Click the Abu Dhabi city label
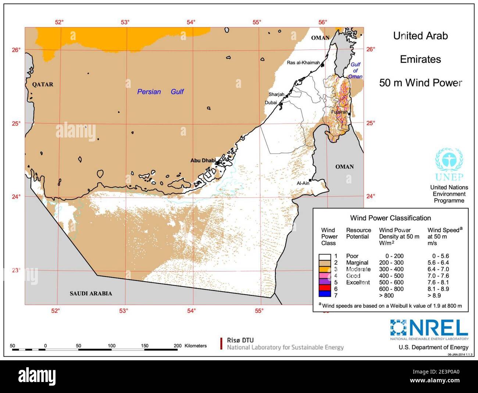coord(203,160)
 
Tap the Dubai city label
coord(271,103)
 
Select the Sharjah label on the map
coord(276,94)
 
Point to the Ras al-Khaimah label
coord(303,62)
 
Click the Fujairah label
coord(339,112)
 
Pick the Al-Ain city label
coord(303,183)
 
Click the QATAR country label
coord(43,84)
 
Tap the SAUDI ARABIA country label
coord(91,293)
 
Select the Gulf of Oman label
coord(355,70)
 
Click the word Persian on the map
coord(149,92)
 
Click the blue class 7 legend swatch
coord(325,295)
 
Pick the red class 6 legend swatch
coord(325,289)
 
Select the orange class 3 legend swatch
coord(325,269)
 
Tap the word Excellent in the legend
coord(358,282)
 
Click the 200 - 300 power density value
coord(391,262)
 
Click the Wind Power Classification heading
coord(390,218)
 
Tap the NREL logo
coord(429,328)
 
